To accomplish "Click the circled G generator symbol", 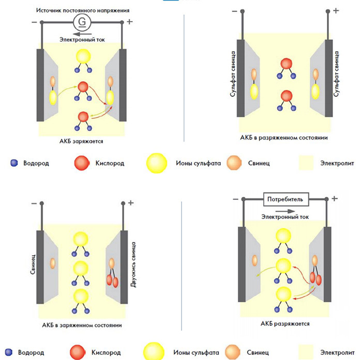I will (x=81, y=22).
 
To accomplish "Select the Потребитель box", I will (x=287, y=199).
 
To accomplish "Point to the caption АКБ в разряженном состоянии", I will (x=284, y=138).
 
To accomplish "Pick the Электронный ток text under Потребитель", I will (x=285, y=217).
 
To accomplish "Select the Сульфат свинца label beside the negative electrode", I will (x=232, y=75).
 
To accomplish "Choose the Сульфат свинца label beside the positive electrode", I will (x=338, y=75).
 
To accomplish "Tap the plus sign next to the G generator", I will (x=129, y=22).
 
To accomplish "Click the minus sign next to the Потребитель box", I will (x=235, y=199).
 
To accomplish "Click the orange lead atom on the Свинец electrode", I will (x=52, y=262).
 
